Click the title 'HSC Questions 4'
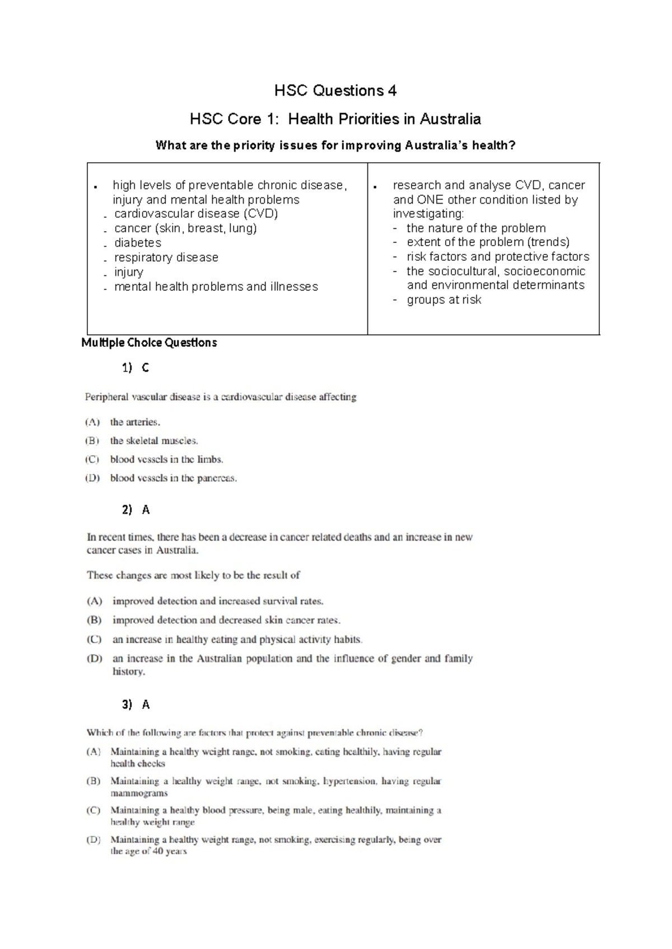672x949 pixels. (x=335, y=91)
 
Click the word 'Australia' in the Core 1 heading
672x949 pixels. (x=450, y=119)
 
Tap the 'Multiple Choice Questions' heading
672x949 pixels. (x=149, y=342)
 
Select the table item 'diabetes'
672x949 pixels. (x=138, y=243)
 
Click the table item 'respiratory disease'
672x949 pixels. (x=166, y=257)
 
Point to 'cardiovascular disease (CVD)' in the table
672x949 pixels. (x=196, y=214)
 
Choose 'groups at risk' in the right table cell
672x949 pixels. (x=444, y=300)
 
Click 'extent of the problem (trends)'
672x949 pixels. (x=488, y=242)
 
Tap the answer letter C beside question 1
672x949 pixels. (x=146, y=368)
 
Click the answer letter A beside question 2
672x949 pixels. (x=146, y=510)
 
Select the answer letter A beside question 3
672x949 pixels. (x=146, y=704)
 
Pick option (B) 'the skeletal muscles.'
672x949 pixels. (x=154, y=441)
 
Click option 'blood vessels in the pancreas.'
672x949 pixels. (x=174, y=478)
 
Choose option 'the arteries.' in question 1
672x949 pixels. (x=135, y=422)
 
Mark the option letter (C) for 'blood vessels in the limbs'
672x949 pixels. (x=92, y=459)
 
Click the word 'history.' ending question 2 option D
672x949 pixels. (x=129, y=671)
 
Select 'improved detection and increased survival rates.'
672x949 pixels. (x=218, y=602)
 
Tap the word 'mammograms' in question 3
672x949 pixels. (x=139, y=793)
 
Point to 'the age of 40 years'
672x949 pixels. (x=148, y=851)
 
